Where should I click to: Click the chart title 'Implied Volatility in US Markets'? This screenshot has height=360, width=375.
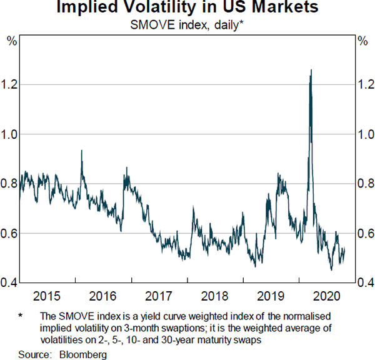tap(187, 8)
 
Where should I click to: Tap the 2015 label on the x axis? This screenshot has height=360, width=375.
tap(47, 295)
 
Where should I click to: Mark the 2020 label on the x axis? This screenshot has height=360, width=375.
tap(327, 295)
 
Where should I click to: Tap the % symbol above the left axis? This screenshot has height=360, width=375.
tap(11, 41)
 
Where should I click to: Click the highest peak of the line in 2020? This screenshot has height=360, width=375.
tap(311, 70)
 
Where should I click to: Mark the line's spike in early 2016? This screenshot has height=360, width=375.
tap(82, 151)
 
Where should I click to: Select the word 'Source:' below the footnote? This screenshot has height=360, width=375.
tap(35, 354)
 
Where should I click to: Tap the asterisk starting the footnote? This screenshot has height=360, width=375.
tap(21, 317)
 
